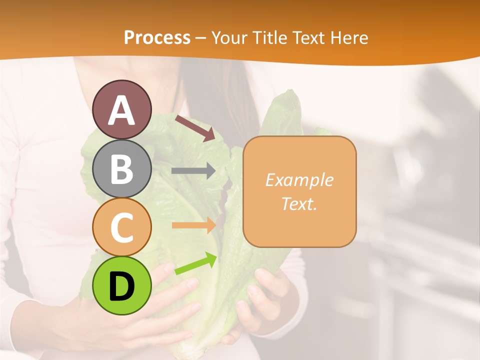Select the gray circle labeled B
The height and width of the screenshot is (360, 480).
point(122,168)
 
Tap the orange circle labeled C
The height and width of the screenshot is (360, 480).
point(122,226)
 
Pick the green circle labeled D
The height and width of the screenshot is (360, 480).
point(122,285)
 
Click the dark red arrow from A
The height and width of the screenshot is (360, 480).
point(195,128)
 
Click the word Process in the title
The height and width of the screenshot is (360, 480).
point(157,37)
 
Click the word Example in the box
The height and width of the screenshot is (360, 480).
point(299,180)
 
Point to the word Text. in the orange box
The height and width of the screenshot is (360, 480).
point(299,203)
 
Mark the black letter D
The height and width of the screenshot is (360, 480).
point(122,286)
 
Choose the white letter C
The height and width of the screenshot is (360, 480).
point(122,227)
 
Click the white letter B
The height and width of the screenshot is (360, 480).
point(122,169)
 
